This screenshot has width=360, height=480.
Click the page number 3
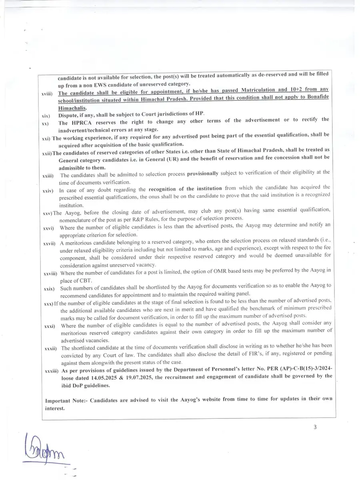(315, 427)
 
